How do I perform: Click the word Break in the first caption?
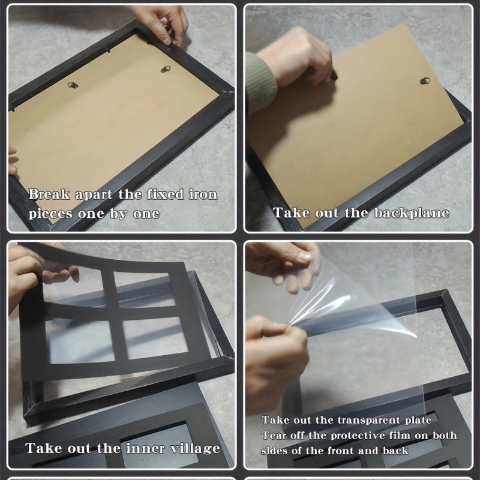point(49,194)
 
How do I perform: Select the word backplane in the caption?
point(412,213)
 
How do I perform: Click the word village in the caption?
point(195,449)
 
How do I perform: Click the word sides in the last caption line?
point(272,451)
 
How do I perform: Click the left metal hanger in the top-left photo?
point(73,85)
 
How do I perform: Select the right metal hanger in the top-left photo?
point(166,69)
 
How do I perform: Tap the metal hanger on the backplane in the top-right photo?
point(425,81)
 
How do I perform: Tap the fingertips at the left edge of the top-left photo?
point(13,162)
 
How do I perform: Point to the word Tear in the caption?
point(272,436)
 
